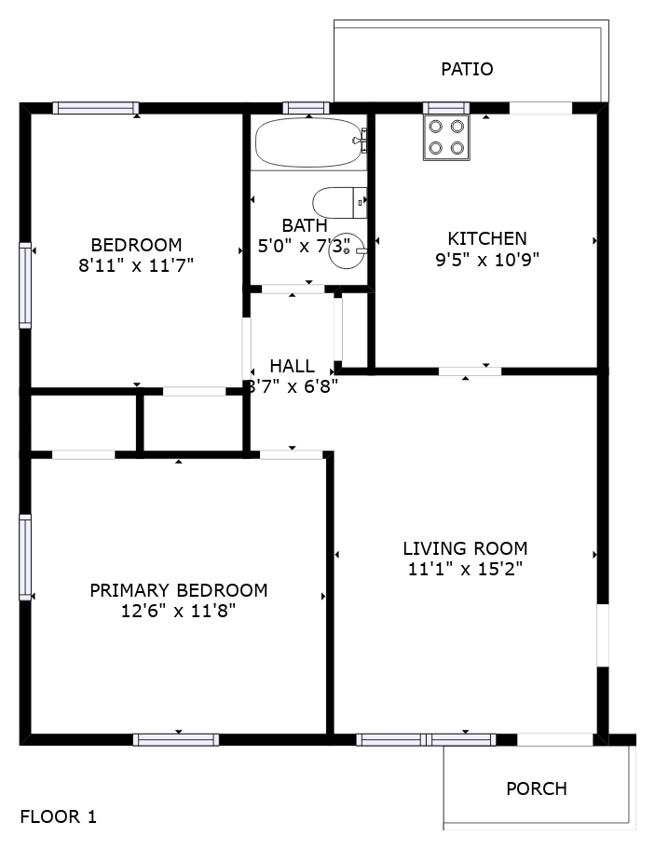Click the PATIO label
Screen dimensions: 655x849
pyautogui.click(x=467, y=69)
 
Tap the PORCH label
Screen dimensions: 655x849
pyautogui.click(x=537, y=788)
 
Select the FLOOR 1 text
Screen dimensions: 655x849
pyautogui.click(x=59, y=816)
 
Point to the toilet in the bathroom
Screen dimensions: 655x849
pyautogui.click(x=340, y=203)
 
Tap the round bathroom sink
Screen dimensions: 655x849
pyautogui.click(x=347, y=250)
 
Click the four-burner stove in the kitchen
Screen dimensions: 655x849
pyautogui.click(x=446, y=138)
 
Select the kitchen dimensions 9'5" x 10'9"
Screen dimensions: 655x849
pyautogui.click(x=487, y=260)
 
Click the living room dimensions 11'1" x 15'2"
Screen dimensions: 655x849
pyautogui.click(x=465, y=569)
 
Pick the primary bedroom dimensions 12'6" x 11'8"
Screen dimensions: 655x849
pyautogui.click(x=178, y=611)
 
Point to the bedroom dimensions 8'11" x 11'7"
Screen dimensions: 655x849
pyautogui.click(x=136, y=265)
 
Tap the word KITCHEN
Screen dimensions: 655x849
pyautogui.click(x=487, y=238)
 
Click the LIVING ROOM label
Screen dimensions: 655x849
pyautogui.click(x=465, y=548)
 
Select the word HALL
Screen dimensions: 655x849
pyautogui.click(x=292, y=366)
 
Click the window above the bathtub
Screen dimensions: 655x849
pyautogui.click(x=307, y=108)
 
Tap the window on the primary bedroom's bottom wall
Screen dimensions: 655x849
pyautogui.click(x=176, y=740)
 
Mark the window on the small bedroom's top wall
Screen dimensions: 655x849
pyautogui.click(x=96, y=108)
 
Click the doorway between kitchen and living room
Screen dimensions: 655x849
pyautogui.click(x=470, y=371)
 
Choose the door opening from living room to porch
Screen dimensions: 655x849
pyautogui.click(x=555, y=740)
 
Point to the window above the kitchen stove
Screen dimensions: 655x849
pyautogui.click(x=446, y=108)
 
